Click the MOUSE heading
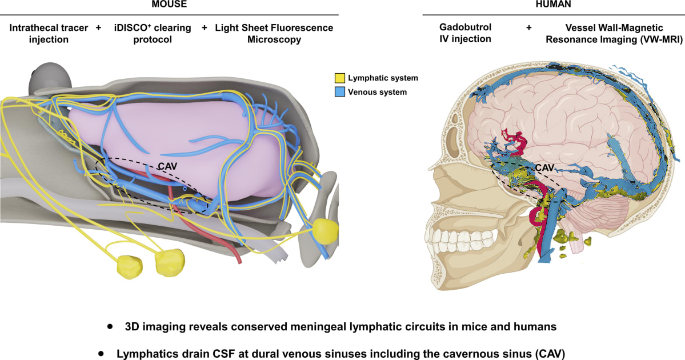click(x=169, y=4)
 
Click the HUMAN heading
click(x=553, y=4)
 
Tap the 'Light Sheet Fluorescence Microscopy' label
click(x=274, y=33)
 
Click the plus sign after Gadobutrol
click(x=529, y=27)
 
